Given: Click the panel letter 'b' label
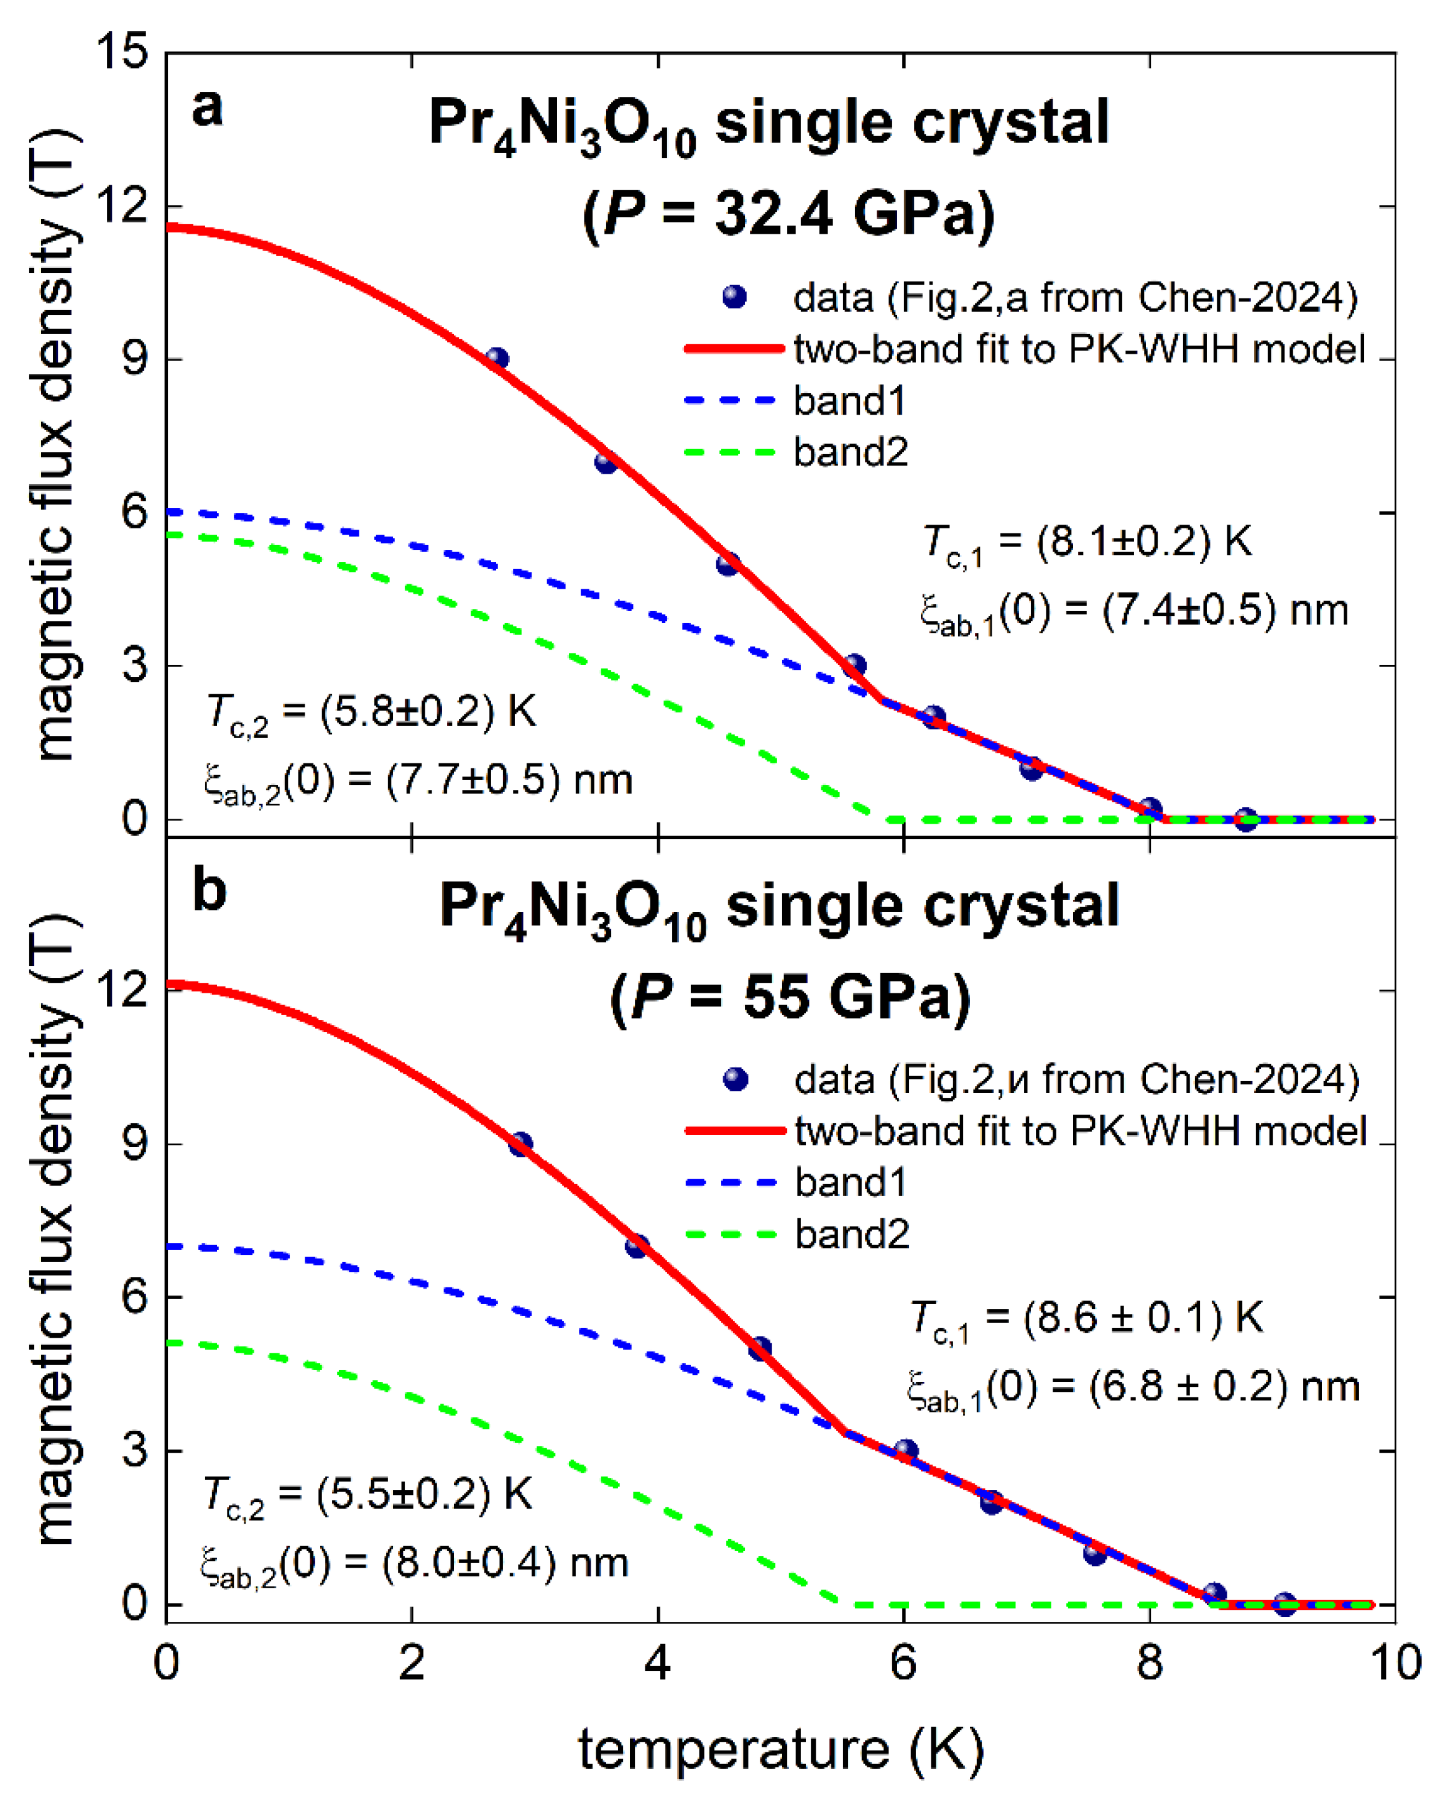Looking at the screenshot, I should (209, 890).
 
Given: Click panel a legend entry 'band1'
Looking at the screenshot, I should (849, 401).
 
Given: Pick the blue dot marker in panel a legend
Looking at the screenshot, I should (733, 297).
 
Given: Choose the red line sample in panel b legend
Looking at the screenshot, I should (735, 1131).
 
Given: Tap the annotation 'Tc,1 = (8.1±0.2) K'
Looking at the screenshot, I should (1087, 543).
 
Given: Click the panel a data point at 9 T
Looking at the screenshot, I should (497, 359).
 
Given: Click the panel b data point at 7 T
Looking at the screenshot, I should (637, 1246).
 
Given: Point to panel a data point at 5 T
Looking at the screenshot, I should (727, 564).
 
